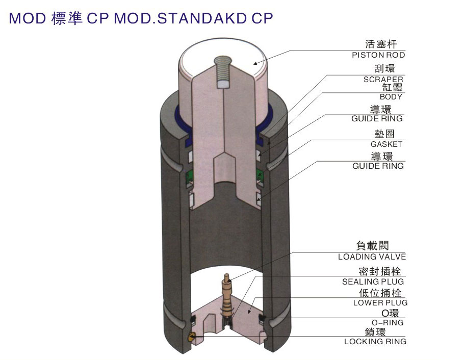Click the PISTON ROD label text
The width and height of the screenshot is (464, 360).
pyautogui.click(x=378, y=55)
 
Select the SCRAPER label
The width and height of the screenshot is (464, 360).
pyautogui.click(x=383, y=80)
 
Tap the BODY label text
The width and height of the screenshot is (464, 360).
pyautogui.click(x=391, y=97)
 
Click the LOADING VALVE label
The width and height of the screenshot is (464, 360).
pyautogui.click(x=372, y=257)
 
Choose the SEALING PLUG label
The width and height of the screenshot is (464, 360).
pyautogui.click(x=373, y=281)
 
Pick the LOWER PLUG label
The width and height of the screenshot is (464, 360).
pyautogui.click(x=380, y=303)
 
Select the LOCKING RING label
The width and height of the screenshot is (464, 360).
pyautogui.click(x=375, y=342)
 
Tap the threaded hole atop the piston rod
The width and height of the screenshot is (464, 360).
pyautogui.click(x=223, y=71)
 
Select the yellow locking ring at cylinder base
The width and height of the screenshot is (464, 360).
pyautogui.click(x=191, y=337)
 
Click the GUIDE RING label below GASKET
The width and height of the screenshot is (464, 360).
pyautogui.click(x=378, y=166)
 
